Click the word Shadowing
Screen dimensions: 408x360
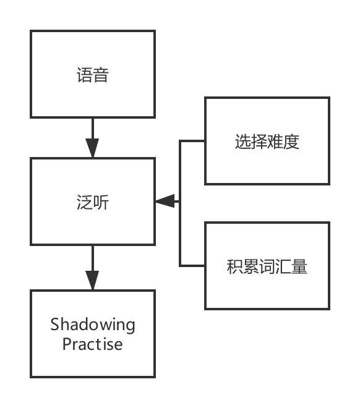click(93, 325)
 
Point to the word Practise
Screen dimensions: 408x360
click(93, 344)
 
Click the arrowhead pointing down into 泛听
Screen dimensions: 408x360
click(93, 149)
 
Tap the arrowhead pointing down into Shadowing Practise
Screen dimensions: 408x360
click(93, 281)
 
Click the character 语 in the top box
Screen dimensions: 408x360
click(84, 76)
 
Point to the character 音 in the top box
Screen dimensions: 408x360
click(101, 76)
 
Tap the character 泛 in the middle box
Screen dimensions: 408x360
click(84, 202)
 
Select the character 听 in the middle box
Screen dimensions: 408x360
click(101, 202)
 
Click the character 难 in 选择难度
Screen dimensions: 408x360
click(275, 142)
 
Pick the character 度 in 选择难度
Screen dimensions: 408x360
click(291, 142)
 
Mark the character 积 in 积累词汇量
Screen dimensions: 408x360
click(235, 268)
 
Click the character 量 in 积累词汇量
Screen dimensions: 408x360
click(299, 268)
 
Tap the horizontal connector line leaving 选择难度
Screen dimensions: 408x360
click(192, 141)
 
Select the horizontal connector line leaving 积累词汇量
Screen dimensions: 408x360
click(192, 266)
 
